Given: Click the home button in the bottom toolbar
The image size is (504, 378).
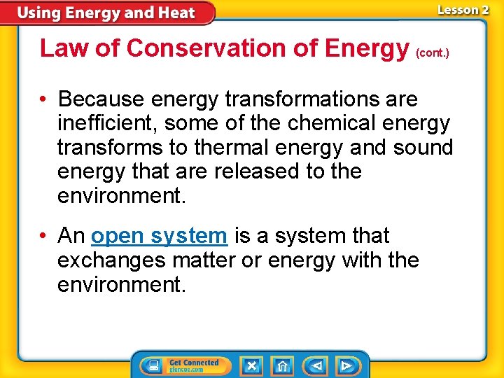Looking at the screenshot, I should tap(282, 365).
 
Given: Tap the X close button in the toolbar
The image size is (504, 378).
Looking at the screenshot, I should tap(251, 365).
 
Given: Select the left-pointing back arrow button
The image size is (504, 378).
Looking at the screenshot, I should tap(316, 365).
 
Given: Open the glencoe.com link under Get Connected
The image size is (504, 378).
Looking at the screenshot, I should tap(185, 370).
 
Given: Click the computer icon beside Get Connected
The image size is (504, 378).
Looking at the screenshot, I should tap(151, 365).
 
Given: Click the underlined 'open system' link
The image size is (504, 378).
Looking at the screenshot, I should tap(159, 236).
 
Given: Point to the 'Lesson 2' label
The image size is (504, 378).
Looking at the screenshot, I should tap(462, 10).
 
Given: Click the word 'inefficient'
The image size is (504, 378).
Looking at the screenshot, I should tap(107, 123).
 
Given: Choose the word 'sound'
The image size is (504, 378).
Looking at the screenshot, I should tap(423, 148).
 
